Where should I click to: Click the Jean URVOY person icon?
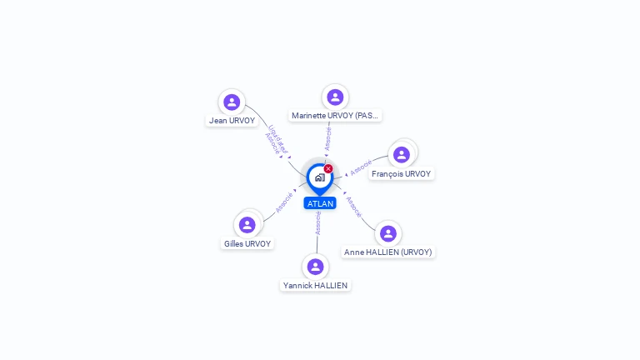click(232, 102)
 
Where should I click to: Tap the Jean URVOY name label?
click(232, 121)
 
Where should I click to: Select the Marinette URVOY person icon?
click(335, 97)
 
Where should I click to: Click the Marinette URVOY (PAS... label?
click(336, 116)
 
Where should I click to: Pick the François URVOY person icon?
click(402, 155)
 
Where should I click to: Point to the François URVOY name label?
click(402, 174)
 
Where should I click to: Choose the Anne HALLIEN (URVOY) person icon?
click(387, 233)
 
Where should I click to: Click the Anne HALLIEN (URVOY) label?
click(388, 252)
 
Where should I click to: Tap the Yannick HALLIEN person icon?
click(315, 267)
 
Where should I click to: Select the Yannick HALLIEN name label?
click(315, 286)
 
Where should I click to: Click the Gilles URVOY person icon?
click(247, 225)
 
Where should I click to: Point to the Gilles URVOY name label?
click(247, 244)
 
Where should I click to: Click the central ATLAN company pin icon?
click(319, 177)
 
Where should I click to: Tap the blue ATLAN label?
click(320, 203)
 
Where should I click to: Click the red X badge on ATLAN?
click(328, 168)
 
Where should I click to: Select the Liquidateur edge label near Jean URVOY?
click(279, 137)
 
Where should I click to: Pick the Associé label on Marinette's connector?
click(328, 138)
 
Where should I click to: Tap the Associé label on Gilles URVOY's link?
click(284, 202)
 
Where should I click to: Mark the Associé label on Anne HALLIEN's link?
click(353, 207)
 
